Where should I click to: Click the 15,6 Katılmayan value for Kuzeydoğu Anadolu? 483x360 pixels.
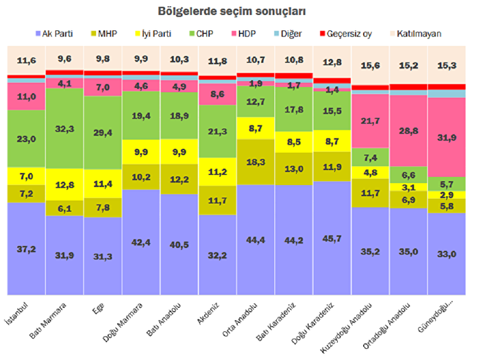coord(370,66)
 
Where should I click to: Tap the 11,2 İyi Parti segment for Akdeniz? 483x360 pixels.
coord(217,171)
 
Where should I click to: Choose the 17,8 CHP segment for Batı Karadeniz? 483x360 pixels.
coord(293,108)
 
